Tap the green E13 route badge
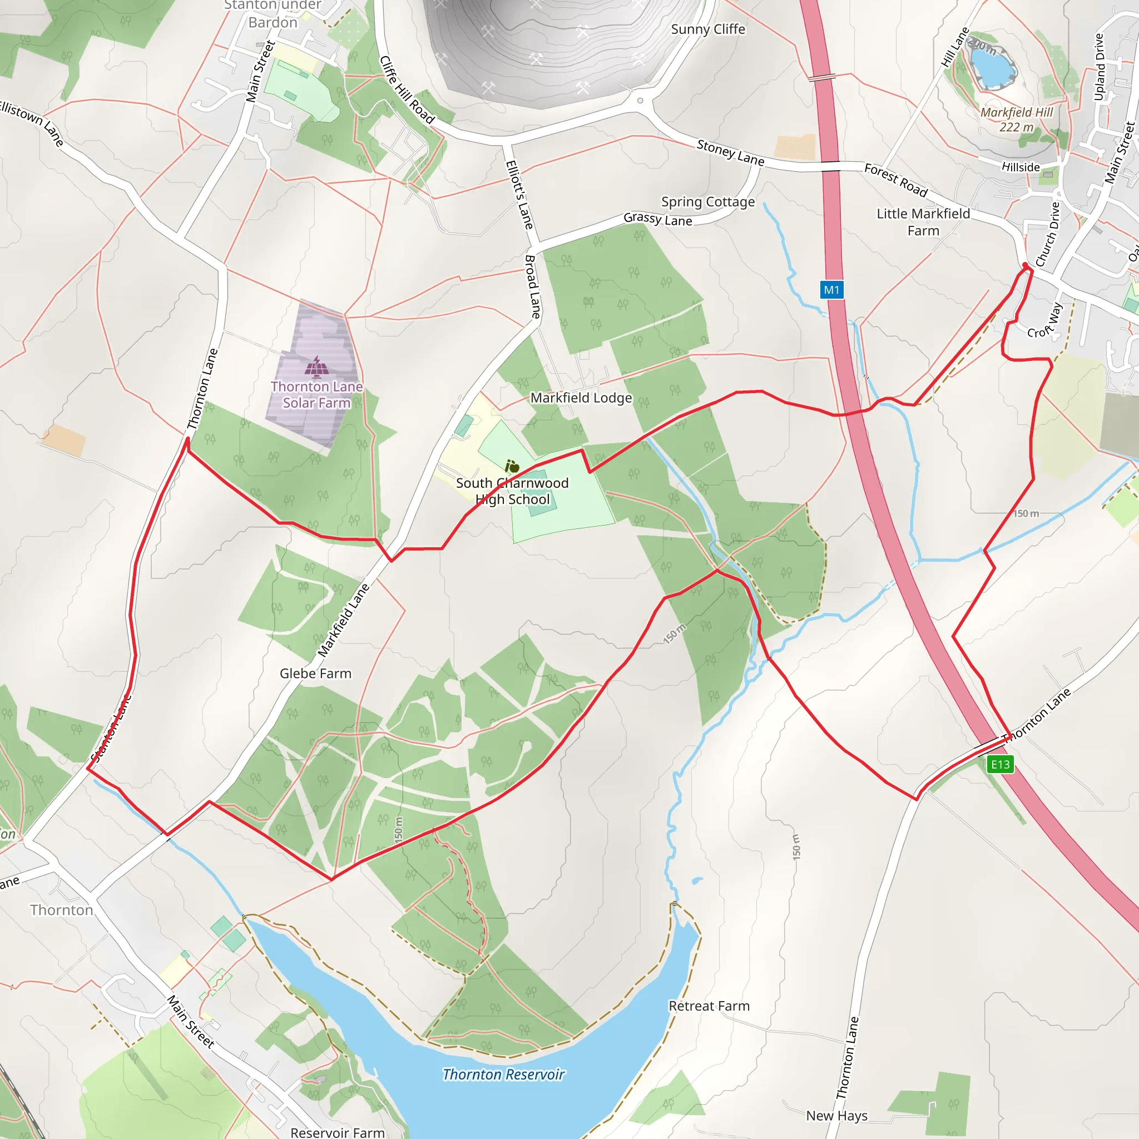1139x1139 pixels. [x=1000, y=765]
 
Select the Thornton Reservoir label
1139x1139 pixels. [x=503, y=1074]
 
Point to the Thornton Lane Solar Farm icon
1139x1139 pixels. [x=316, y=367]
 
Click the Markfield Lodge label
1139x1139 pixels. [x=581, y=398]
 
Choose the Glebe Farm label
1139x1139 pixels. [x=315, y=674]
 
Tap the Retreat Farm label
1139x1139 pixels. [x=709, y=1006]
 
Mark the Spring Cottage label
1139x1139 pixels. [x=707, y=202]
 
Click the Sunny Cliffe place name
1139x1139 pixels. [x=707, y=29]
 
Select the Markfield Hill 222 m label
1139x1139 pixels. [x=1017, y=120]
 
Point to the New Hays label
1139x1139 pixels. [x=836, y=1116]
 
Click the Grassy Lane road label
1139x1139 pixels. [x=657, y=219]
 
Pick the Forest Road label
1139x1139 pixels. [x=895, y=180]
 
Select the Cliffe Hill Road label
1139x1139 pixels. [x=407, y=90]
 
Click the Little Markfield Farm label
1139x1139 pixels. [x=923, y=222]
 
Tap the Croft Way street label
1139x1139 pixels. [x=1044, y=322]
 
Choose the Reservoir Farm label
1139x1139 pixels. [x=337, y=1132]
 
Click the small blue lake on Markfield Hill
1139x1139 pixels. [x=993, y=66]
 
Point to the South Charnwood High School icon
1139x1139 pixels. [x=512, y=466]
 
